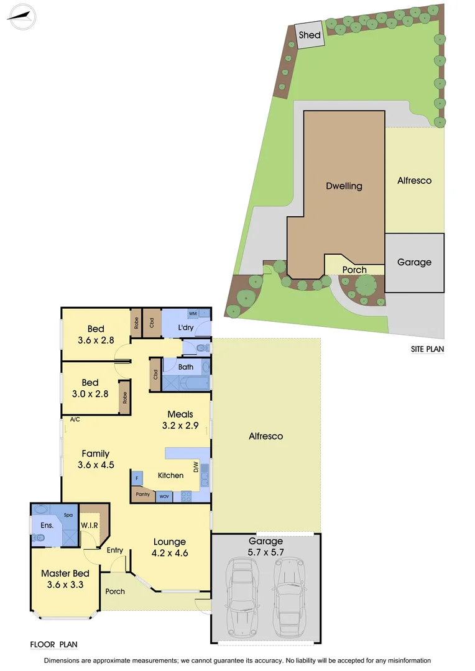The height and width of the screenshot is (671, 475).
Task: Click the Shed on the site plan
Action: pos(309,35)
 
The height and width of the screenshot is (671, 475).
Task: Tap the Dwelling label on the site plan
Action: pos(344,186)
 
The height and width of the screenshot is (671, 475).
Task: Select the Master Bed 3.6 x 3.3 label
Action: pos(65,579)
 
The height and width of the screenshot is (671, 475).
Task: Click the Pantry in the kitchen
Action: pos(142,495)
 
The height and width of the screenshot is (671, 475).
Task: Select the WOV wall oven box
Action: pos(164,496)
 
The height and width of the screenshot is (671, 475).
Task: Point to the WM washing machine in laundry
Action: pos(193,314)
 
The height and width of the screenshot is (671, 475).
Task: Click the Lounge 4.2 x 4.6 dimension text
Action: pos(169,553)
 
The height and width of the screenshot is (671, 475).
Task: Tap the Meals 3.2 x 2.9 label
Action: pos(180,420)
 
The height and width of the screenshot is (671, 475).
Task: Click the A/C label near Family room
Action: pos(75,419)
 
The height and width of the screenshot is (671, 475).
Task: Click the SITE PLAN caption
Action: pos(427,349)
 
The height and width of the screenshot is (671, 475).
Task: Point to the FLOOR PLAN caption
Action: pos(53,645)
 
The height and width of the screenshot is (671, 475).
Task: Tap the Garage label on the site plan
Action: pos(414,262)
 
